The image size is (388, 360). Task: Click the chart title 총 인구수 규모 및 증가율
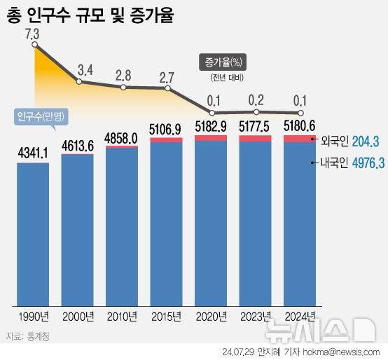click(91, 15)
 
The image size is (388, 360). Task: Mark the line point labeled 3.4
click(80, 82)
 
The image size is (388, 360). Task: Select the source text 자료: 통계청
click(29, 337)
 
